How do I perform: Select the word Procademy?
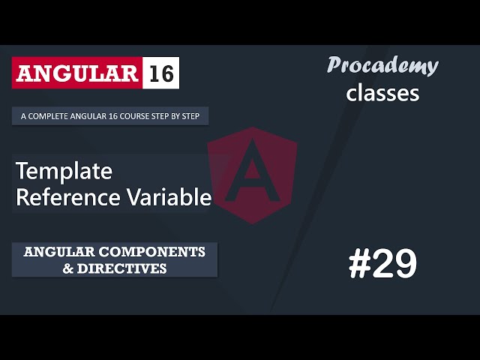pyautogui.click(x=382, y=66)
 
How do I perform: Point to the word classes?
pyautogui.click(x=382, y=93)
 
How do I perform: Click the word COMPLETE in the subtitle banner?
pyautogui.click(x=46, y=116)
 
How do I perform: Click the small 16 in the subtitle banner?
pyautogui.click(x=106, y=116)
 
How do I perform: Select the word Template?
pyautogui.click(x=64, y=172)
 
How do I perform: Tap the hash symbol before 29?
pyautogui.click(x=361, y=265)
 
